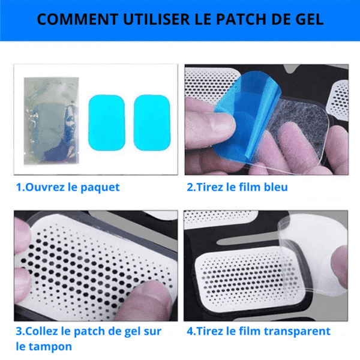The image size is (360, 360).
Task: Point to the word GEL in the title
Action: pos(310,19)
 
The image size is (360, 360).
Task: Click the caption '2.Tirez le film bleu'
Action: pos(237,187)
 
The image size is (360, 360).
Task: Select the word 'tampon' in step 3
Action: pos(52,346)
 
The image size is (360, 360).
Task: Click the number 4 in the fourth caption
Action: pos(190,331)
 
